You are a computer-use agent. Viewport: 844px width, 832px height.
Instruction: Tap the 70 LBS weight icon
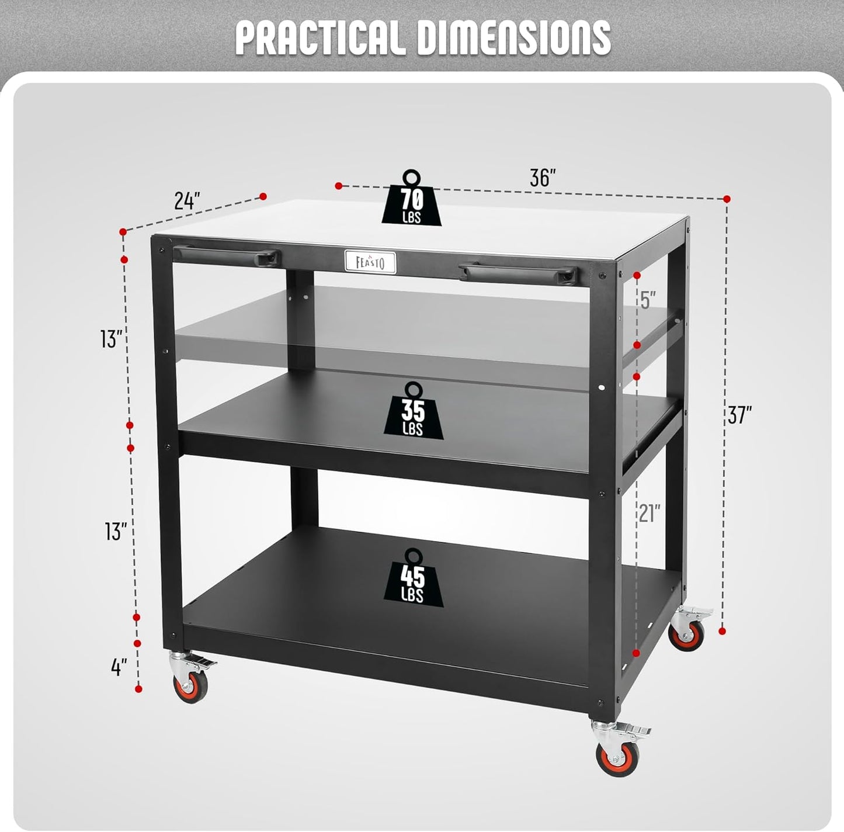(412, 197)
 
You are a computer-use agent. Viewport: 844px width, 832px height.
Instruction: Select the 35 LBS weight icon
(414, 410)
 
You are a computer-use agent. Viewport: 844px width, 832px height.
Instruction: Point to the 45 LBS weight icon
(414, 577)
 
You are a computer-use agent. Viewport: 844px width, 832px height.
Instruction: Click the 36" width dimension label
(543, 178)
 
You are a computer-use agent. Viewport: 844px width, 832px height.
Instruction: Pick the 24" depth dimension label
(187, 201)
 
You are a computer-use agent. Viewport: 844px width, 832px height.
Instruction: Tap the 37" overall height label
(740, 415)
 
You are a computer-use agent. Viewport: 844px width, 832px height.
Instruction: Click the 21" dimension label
(649, 513)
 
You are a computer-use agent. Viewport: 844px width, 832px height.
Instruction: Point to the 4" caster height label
(119, 667)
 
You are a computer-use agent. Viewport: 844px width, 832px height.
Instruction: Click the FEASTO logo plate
(370, 262)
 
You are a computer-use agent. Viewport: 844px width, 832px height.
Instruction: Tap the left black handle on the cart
(227, 255)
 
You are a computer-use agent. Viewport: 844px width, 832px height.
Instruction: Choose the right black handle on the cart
(517, 273)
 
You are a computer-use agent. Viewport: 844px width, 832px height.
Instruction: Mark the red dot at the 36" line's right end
(727, 199)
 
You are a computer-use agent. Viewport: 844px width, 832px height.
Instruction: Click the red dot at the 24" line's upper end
(263, 196)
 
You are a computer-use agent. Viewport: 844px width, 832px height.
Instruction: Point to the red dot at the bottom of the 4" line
(139, 689)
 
